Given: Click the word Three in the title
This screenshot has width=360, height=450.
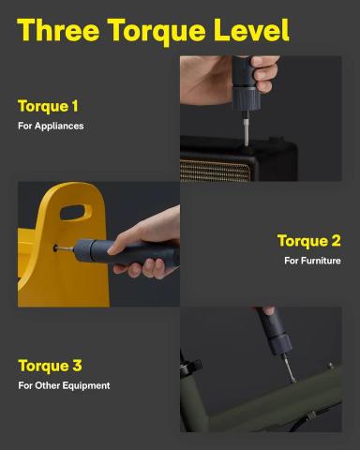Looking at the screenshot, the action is [x=59, y=30].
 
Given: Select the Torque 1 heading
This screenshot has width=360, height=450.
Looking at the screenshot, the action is [x=48, y=106].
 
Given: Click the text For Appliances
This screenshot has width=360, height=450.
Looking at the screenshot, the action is [x=51, y=126].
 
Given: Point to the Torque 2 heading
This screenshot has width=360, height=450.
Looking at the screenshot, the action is [x=308, y=241].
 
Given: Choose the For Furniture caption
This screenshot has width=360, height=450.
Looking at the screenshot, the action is [x=312, y=261].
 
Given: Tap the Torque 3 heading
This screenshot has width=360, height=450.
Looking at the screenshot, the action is [x=50, y=366].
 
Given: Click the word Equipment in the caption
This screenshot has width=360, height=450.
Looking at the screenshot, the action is [x=86, y=385].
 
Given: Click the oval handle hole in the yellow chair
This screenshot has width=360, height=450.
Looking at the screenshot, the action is [x=76, y=212].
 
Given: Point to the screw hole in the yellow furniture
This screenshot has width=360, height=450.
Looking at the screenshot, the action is [x=55, y=248].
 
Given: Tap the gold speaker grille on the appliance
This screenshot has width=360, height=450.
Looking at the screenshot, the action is [x=216, y=171].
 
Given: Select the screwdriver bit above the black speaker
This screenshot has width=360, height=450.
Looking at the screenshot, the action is [x=246, y=128].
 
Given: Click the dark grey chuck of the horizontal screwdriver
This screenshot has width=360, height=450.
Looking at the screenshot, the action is [x=83, y=250].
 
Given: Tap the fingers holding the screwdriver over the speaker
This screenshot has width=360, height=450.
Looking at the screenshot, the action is [x=264, y=72].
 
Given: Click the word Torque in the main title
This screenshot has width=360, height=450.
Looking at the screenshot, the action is [x=157, y=31].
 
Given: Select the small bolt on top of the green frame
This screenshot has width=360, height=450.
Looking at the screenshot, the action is [x=330, y=366].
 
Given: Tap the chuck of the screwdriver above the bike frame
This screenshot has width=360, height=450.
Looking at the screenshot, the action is [x=279, y=344].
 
